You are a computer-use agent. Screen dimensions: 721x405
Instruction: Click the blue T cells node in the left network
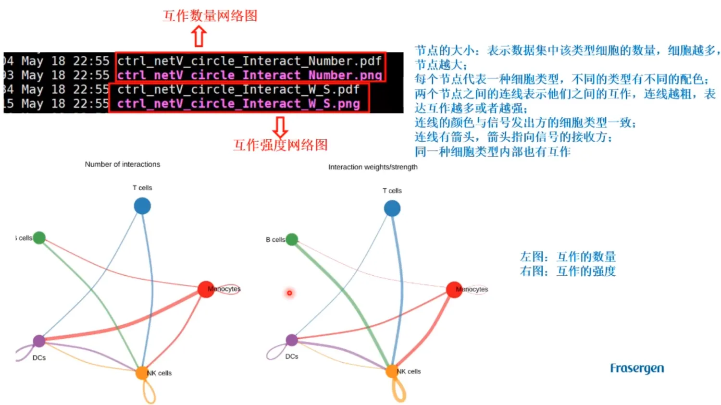point(142,206)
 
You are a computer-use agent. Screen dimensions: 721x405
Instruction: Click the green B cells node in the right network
point(292,239)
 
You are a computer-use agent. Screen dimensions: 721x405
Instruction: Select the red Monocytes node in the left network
point(206,289)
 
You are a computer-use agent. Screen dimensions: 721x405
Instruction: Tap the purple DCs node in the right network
point(292,340)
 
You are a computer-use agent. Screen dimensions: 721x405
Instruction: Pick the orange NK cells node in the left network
point(142,373)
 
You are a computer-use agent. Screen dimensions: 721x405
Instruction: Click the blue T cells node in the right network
point(392,209)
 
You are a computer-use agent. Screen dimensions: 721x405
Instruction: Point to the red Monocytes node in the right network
point(454,289)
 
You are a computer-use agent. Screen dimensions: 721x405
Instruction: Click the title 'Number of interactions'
point(123,164)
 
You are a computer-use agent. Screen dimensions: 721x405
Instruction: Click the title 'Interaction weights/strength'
point(373,167)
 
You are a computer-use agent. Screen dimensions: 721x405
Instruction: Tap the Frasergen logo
point(637,368)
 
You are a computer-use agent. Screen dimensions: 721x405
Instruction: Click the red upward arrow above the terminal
point(199,36)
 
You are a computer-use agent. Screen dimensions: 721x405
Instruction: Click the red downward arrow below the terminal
point(280,127)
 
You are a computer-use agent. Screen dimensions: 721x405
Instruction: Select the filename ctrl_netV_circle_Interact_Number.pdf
point(249,61)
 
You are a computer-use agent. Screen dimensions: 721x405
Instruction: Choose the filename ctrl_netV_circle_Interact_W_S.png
point(238,104)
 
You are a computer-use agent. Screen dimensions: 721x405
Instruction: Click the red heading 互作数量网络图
point(210,16)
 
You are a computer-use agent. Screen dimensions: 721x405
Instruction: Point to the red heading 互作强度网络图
point(280,145)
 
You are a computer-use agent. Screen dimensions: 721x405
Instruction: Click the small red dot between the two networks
point(289,293)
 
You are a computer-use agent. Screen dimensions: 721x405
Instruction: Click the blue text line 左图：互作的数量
point(568,257)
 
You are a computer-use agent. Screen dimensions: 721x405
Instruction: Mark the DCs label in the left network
point(39,358)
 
